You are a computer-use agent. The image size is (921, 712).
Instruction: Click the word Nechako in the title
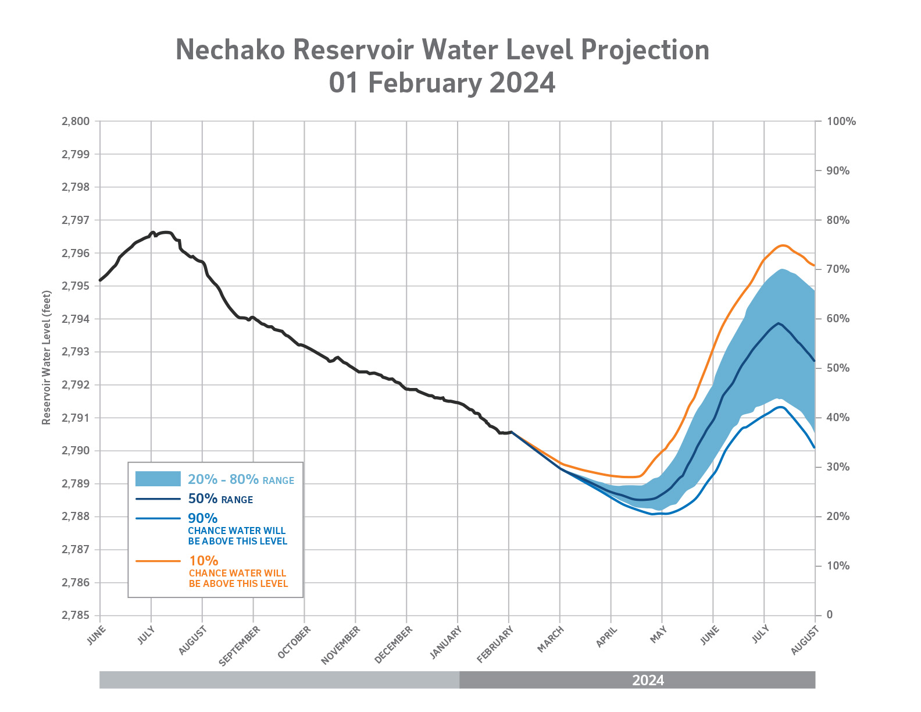pyautogui.click(x=230, y=50)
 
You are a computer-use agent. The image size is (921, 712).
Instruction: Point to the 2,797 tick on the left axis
pyautogui.click(x=76, y=220)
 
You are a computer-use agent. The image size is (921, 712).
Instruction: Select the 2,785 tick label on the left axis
pyautogui.click(x=76, y=615)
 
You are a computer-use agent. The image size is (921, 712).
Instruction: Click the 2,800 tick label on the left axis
pyautogui.click(x=76, y=122)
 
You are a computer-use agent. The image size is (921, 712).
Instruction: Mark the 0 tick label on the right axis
pyautogui.click(x=830, y=615)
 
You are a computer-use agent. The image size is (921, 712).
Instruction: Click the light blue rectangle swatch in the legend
pyautogui.click(x=158, y=479)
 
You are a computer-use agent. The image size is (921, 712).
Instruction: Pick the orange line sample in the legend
pyautogui.click(x=158, y=561)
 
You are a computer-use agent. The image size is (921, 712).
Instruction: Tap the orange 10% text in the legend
pyautogui.click(x=204, y=561)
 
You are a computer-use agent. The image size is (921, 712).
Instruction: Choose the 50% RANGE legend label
pyautogui.click(x=220, y=499)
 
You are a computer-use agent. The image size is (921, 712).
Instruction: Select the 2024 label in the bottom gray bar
pyautogui.click(x=648, y=681)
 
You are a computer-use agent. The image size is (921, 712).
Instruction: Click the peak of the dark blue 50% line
pyautogui.click(x=778, y=323)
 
